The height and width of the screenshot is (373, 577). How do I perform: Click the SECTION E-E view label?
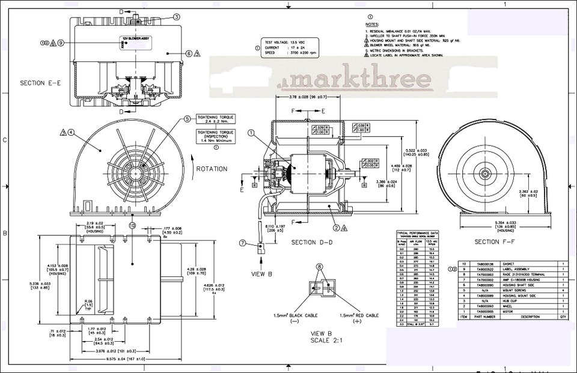(x=40, y=83)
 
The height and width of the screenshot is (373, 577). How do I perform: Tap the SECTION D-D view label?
(x=312, y=242)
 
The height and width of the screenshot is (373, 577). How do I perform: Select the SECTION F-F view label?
(x=495, y=242)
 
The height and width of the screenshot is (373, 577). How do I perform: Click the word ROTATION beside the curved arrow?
(x=212, y=169)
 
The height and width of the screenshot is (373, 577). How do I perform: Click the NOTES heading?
(x=371, y=25)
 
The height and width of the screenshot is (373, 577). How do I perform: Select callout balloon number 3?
(x=176, y=17)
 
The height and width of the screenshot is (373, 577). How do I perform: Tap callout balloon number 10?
(x=132, y=225)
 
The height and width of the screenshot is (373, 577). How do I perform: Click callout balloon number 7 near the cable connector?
(x=243, y=243)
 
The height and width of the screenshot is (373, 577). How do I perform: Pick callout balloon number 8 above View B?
(x=320, y=267)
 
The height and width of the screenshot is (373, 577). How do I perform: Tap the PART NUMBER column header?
(x=486, y=317)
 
